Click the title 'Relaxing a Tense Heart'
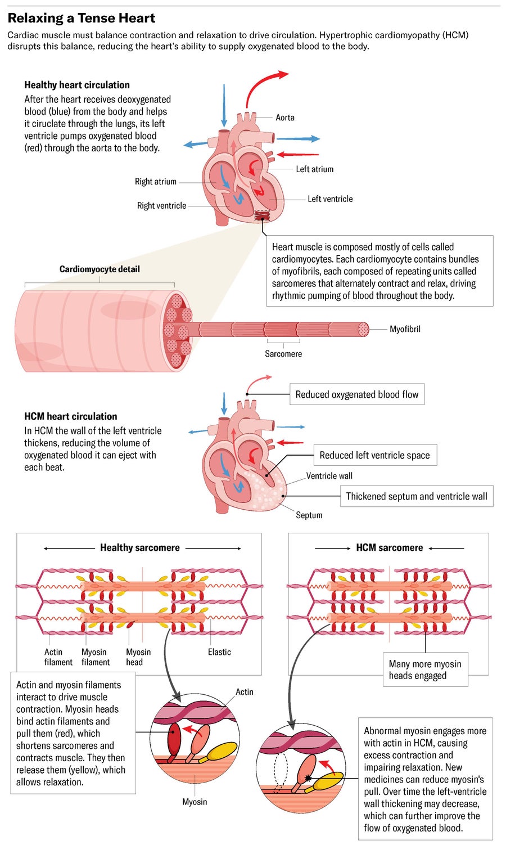[x=82, y=18]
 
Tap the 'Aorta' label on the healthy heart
[x=284, y=118]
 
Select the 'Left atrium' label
[x=314, y=169]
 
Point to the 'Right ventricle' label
[x=161, y=206]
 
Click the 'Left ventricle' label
[x=330, y=199]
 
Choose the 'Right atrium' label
[x=155, y=182]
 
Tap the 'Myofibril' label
[x=405, y=329]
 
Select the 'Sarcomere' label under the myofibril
[x=283, y=354]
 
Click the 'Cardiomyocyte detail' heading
[x=100, y=269]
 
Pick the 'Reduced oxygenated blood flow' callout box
[x=357, y=394]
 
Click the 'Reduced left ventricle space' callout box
[x=374, y=455]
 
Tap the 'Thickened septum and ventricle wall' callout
[x=416, y=496]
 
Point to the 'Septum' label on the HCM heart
[x=309, y=515]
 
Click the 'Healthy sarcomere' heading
[x=140, y=547]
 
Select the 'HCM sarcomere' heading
[x=389, y=547]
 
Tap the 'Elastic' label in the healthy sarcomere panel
[x=219, y=652]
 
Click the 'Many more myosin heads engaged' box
[x=425, y=669]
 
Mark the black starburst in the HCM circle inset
[x=308, y=779]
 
